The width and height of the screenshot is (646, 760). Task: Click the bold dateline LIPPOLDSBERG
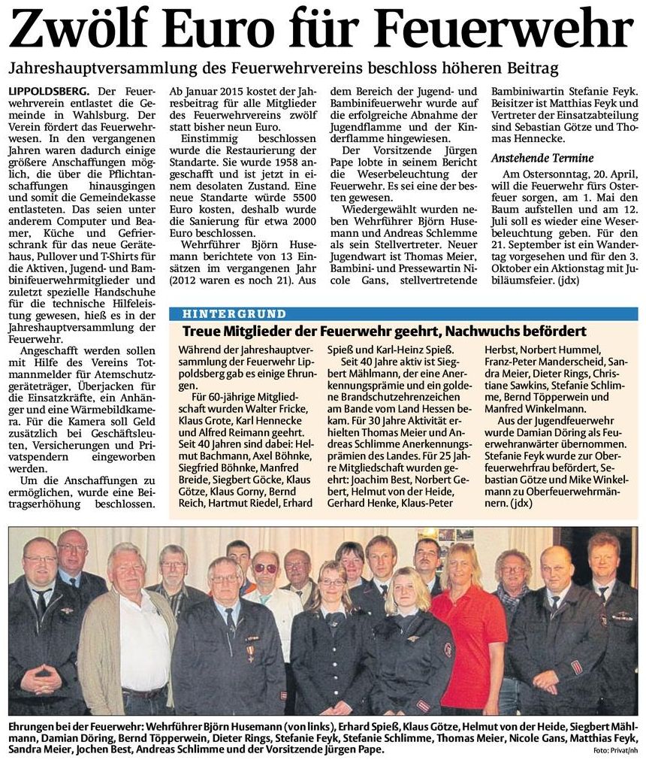(49, 91)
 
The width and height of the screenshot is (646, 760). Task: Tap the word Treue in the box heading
(201, 332)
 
